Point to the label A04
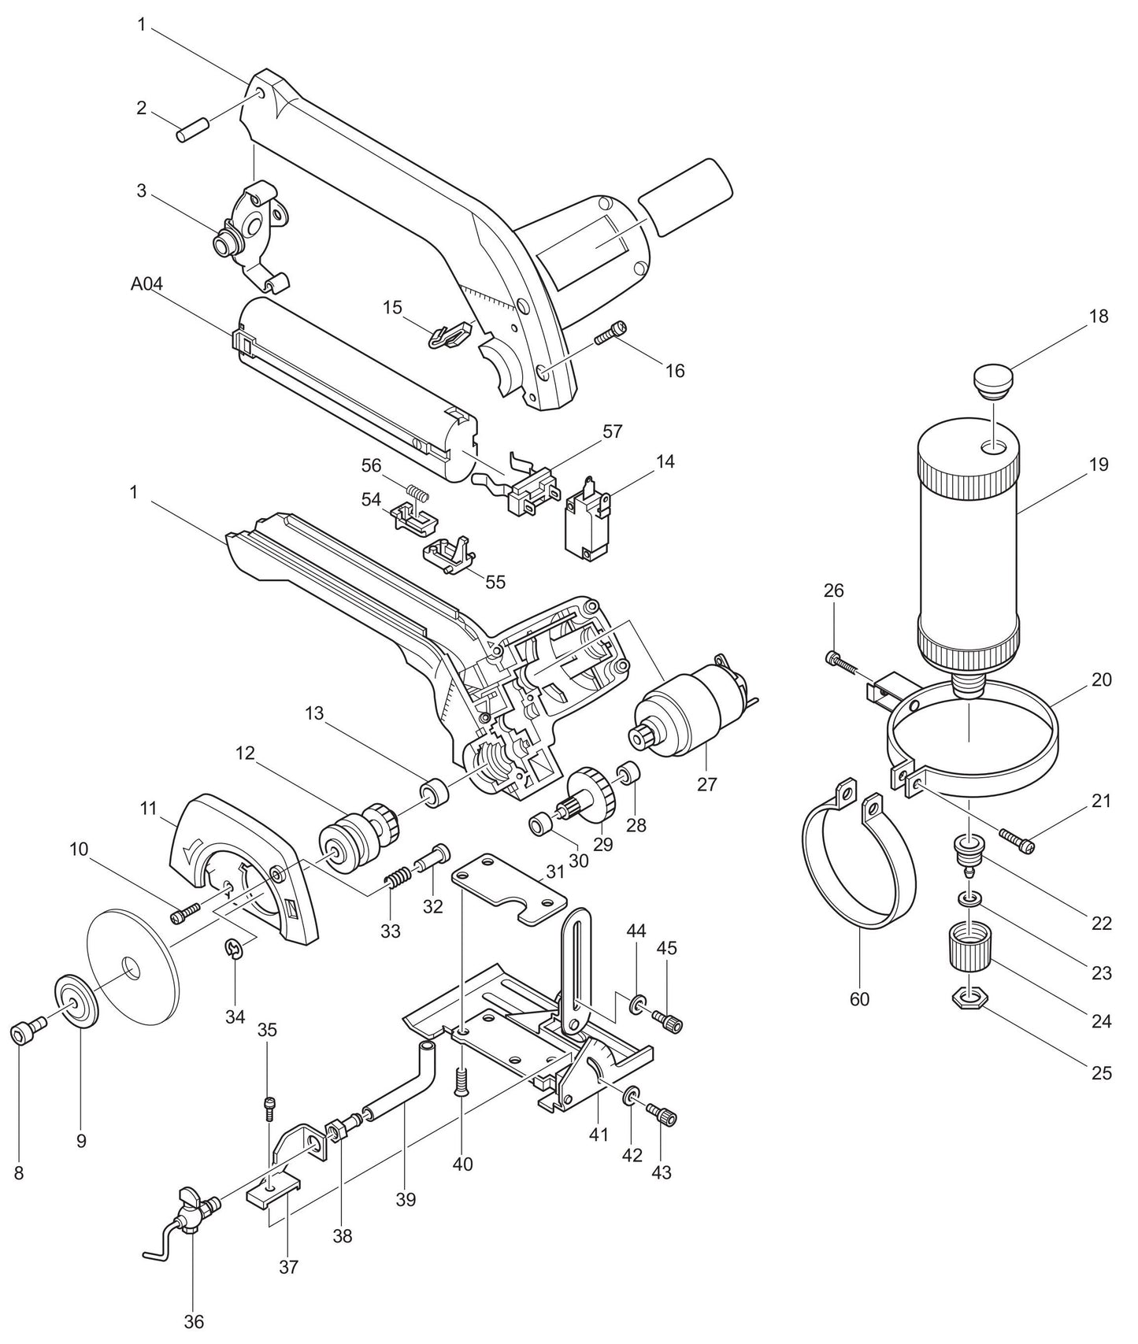(146, 284)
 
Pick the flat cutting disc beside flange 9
(130, 967)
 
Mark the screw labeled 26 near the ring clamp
(844, 661)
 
